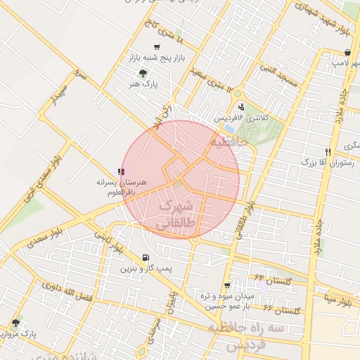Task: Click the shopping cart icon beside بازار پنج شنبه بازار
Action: (156, 46)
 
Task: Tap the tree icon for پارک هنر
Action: (144, 73)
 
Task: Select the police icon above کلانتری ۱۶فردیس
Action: (242, 107)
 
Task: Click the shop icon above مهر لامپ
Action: (347, 52)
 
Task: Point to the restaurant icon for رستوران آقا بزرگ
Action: (328, 151)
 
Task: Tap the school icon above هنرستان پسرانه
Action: (122, 171)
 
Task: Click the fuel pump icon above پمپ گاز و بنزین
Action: (145, 257)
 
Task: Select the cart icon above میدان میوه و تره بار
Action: (227, 285)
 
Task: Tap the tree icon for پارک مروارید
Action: (15, 323)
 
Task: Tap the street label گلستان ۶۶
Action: (281, 310)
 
